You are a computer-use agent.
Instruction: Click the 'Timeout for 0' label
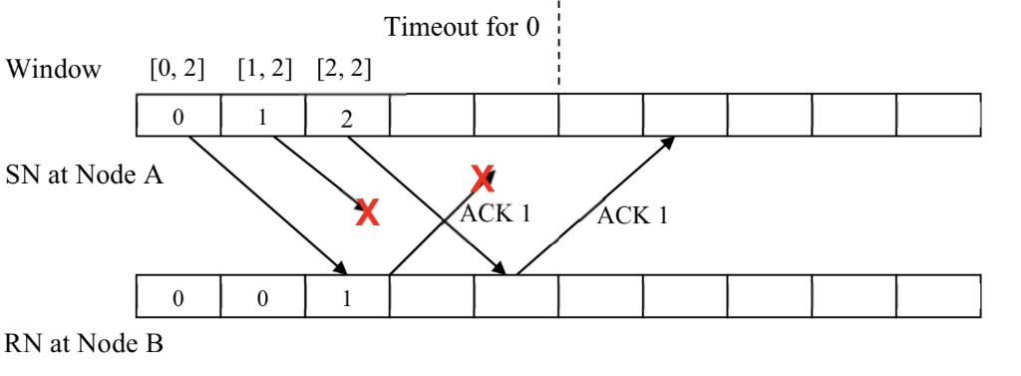coord(462,27)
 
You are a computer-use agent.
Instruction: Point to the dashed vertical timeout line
coord(558,45)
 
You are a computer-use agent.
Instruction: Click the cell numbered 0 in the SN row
coord(178,118)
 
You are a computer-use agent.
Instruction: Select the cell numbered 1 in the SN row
coord(262,118)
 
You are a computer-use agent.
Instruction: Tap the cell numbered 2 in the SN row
coord(347,118)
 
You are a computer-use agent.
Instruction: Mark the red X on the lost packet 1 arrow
coord(368,211)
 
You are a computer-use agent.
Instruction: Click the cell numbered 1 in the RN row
coord(347,300)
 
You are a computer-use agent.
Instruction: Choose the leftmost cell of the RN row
coord(178,300)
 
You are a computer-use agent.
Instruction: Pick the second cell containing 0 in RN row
coord(262,300)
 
